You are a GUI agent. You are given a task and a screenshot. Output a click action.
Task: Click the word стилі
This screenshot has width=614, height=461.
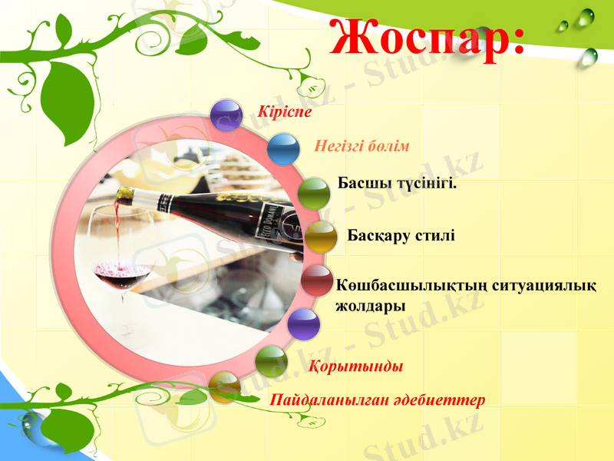pos(434,234)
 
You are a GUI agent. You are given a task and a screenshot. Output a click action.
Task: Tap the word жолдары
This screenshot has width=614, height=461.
pos(371,305)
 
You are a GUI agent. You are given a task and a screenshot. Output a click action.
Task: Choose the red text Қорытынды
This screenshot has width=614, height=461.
pos(355,366)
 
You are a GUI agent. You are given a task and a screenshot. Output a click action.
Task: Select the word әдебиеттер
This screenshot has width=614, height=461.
pos(445,400)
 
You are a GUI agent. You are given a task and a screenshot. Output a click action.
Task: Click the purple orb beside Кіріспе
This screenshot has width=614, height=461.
pos(226,115)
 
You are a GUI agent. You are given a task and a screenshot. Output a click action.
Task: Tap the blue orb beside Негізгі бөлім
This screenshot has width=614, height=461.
pos(283,149)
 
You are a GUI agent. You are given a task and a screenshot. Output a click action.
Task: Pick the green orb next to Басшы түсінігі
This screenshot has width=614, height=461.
pos(313,194)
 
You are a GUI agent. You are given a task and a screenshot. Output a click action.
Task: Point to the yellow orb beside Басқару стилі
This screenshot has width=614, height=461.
pos(321,237)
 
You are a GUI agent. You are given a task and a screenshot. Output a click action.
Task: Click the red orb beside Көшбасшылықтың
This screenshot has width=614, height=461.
pos(315,281)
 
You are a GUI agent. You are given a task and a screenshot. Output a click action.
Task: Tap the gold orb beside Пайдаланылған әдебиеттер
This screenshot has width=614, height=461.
pos(224,387)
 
